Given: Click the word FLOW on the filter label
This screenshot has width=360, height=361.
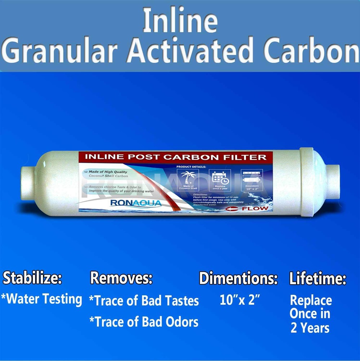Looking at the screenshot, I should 255,208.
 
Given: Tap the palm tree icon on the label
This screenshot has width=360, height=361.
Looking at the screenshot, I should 188,178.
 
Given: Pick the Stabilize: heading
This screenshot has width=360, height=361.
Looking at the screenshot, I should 32,279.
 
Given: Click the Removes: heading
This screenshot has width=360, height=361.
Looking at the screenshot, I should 121,278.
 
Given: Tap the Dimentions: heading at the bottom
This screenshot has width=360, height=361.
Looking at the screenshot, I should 238,279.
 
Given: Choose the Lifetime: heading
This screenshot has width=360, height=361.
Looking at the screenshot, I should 317,279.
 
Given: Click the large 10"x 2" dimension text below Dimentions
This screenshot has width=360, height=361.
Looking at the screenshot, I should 240,300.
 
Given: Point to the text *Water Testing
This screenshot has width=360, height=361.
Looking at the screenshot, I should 41,299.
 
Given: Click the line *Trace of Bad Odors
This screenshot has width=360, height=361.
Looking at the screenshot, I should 144,321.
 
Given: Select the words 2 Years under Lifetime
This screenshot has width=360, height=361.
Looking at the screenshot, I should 310,328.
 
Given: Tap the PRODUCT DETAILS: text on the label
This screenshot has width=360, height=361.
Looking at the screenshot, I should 191,167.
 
